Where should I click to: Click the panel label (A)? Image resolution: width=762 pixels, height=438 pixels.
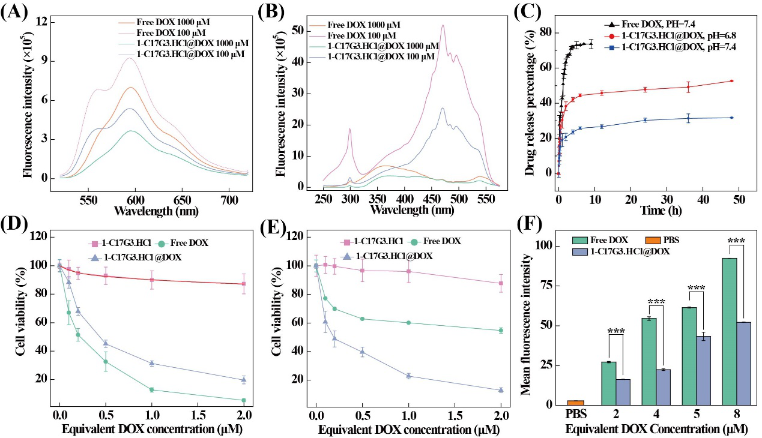[x=13, y=13]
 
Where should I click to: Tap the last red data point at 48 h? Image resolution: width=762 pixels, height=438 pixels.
[x=732, y=81]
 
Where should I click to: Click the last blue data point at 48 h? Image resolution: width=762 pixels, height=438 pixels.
[x=732, y=118]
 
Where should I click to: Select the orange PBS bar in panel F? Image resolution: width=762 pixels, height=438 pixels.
[x=575, y=403]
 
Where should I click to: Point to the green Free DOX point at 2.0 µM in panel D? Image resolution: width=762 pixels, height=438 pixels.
[x=243, y=400]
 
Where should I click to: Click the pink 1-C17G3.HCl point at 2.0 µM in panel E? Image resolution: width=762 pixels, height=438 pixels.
[x=500, y=283]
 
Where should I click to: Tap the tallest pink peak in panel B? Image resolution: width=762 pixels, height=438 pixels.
[x=443, y=25]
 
